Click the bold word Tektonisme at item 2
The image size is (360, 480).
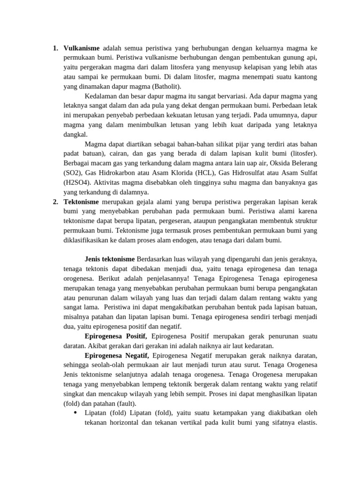(x=82, y=202)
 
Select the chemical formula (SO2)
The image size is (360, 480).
(x=74, y=173)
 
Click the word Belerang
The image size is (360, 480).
(x=303, y=163)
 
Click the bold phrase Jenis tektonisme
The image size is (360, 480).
(x=110, y=259)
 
